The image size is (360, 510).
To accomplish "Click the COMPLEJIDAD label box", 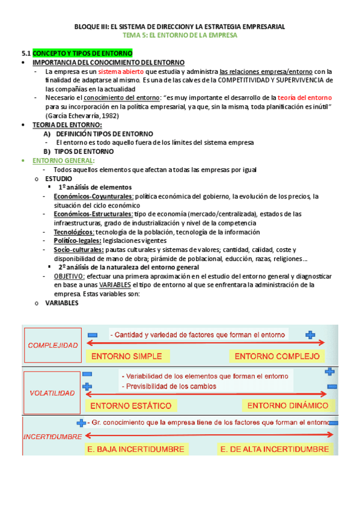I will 52,345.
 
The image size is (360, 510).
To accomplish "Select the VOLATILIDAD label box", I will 52,393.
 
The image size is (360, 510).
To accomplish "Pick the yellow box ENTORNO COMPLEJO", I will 276,355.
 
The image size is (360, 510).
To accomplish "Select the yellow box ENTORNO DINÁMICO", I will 288,405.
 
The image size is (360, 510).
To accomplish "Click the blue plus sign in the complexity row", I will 310,334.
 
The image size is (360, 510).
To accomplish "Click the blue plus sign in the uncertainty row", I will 82,423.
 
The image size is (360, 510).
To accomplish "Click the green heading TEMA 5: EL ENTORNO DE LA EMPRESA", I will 179,35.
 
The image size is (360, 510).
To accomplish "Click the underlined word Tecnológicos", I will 73,232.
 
